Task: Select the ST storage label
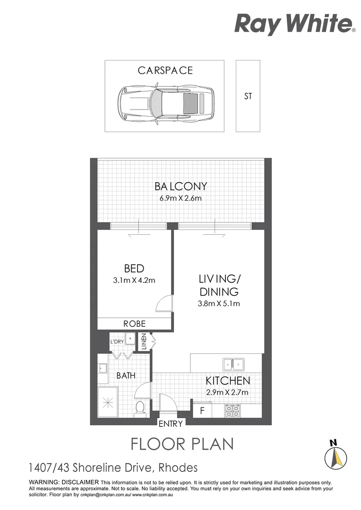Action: (x=248, y=96)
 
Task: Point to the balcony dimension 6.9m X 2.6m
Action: (x=180, y=198)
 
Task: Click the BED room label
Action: (x=134, y=269)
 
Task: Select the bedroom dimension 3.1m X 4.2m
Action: (x=134, y=280)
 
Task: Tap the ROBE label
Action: (x=134, y=324)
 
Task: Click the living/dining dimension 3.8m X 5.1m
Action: (x=218, y=304)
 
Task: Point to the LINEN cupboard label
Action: (x=144, y=342)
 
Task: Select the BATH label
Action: (x=126, y=376)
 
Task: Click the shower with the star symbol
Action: (x=109, y=402)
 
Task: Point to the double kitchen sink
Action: (x=233, y=364)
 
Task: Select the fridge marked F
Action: (x=202, y=410)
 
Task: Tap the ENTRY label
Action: (x=171, y=424)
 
